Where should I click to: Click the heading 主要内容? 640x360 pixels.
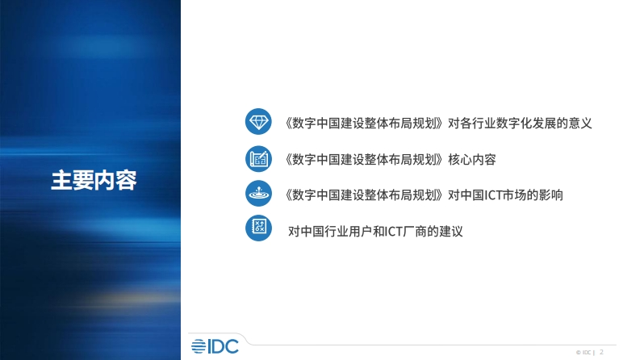[94, 180]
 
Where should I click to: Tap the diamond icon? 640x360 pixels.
[258, 121]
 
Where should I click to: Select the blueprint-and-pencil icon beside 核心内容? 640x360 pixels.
[258, 159]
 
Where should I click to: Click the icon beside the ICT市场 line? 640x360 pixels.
[258, 193]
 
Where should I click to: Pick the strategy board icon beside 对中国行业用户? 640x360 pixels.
[258, 228]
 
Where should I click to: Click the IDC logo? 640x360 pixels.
[215, 346]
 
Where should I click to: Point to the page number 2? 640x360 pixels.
[601, 352]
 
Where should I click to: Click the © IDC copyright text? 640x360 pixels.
[584, 352]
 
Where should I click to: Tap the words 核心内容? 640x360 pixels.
[472, 159]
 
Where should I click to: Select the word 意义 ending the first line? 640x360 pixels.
[579, 123]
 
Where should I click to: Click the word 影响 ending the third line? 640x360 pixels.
[551, 195]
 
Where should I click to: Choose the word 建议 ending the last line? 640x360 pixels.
[451, 232]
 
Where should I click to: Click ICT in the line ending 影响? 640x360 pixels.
[493, 195]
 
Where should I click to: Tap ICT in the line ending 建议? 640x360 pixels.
[394, 232]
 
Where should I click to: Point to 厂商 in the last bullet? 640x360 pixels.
[415, 232]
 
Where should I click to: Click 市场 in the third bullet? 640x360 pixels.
[514, 195]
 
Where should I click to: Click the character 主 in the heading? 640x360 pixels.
[61, 180]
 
